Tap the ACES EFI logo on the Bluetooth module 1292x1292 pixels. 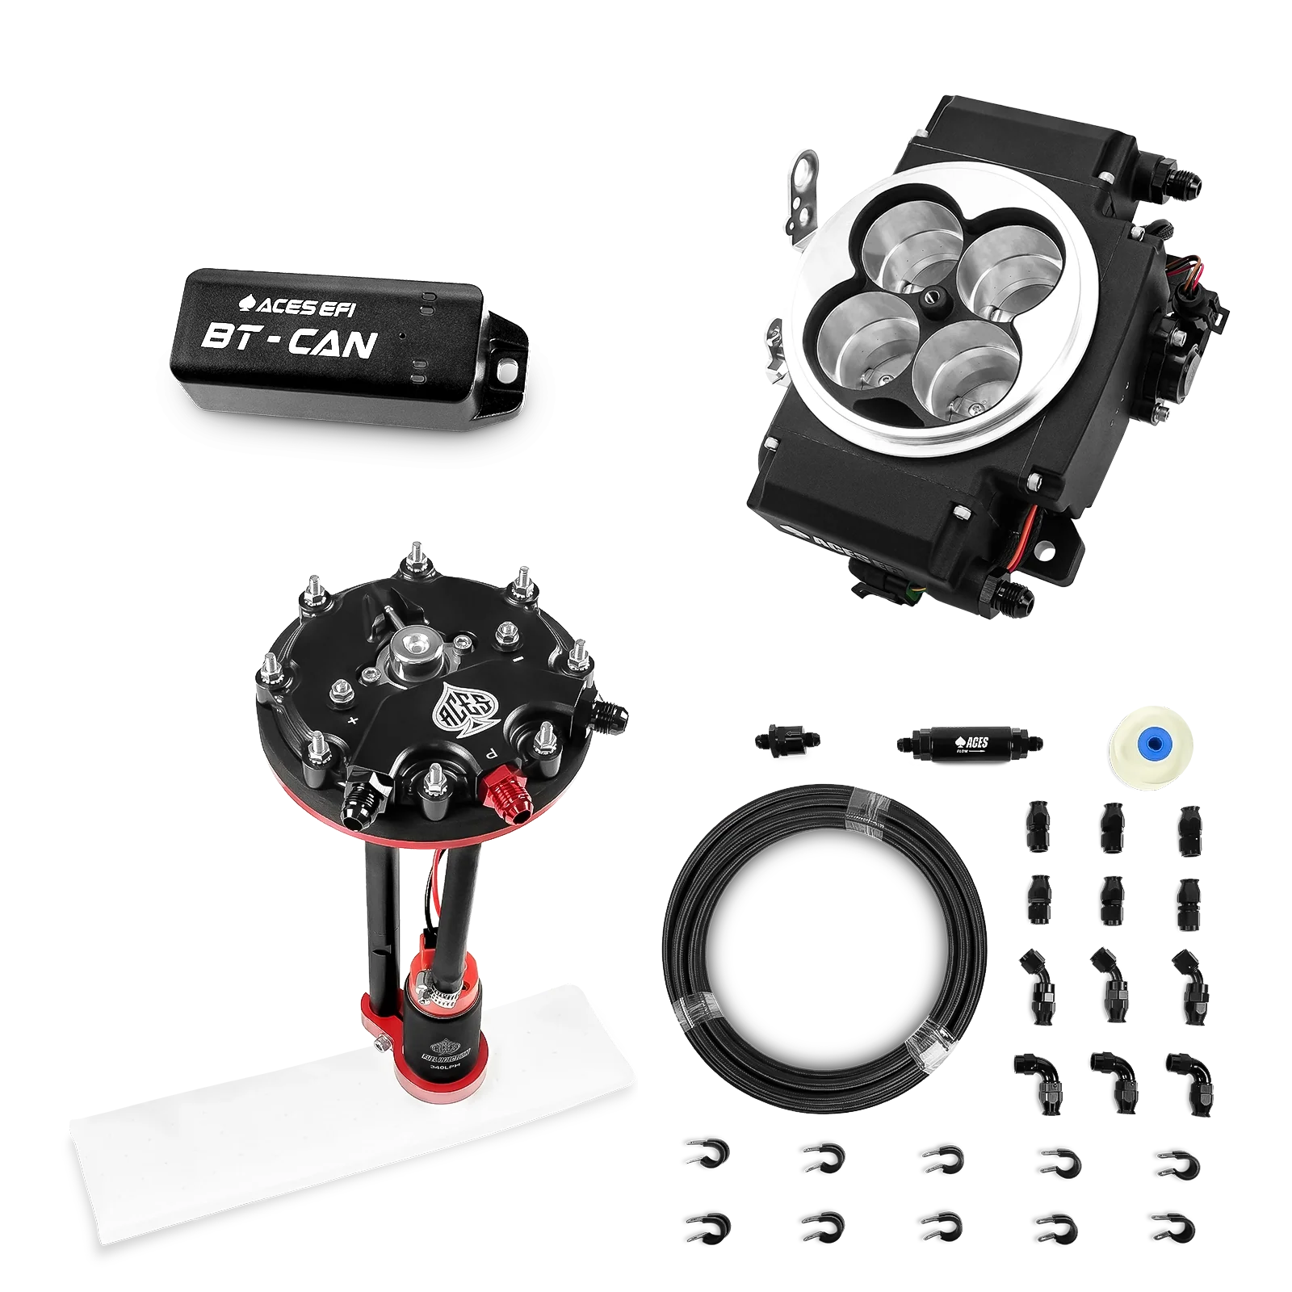point(299,303)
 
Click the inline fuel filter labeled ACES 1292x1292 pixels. point(966,740)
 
